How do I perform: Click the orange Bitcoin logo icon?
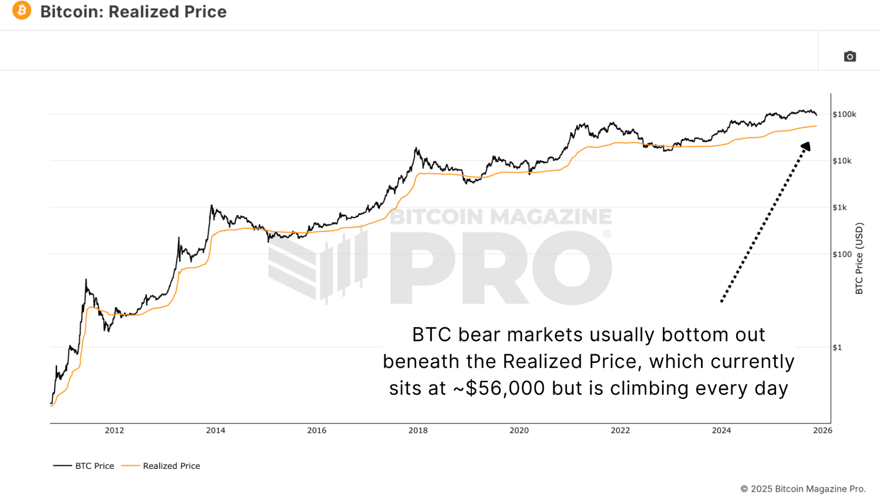[x=22, y=11]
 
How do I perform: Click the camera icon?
[x=850, y=56]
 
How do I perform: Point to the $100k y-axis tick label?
[x=844, y=115]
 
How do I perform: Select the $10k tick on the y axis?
[x=842, y=161]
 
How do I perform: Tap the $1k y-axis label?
[x=840, y=207]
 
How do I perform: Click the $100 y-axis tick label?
[x=842, y=254]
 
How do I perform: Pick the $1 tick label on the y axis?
[x=837, y=347]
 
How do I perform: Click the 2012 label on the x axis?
[x=114, y=431]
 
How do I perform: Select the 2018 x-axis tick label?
[x=418, y=431]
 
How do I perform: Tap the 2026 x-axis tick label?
[x=822, y=431]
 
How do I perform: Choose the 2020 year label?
[x=519, y=431]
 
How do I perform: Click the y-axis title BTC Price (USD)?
[x=859, y=259]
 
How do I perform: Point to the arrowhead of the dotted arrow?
[x=806, y=146]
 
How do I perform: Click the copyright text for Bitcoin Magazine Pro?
[x=803, y=489]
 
